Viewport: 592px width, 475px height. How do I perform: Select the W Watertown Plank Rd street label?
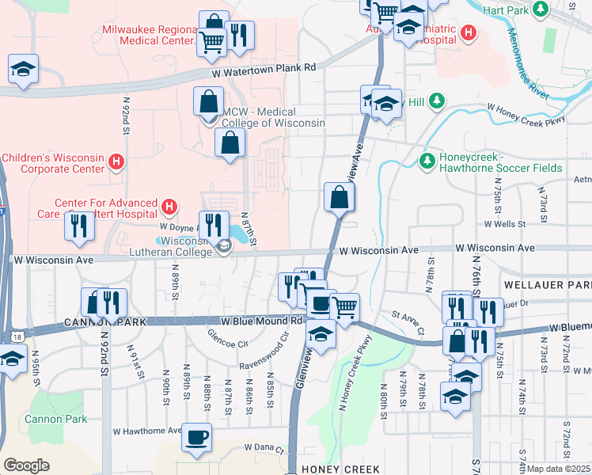pos(264,70)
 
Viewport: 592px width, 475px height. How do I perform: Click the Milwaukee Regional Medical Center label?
pos(149,36)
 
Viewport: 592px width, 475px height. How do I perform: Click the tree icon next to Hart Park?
pos(541,9)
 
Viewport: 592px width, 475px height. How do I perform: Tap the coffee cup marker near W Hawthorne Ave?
pos(196,435)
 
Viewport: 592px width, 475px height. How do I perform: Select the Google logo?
pos(26,465)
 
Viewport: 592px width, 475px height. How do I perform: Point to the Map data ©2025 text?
pos(558,469)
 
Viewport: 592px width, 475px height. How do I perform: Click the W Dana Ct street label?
pos(263,448)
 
